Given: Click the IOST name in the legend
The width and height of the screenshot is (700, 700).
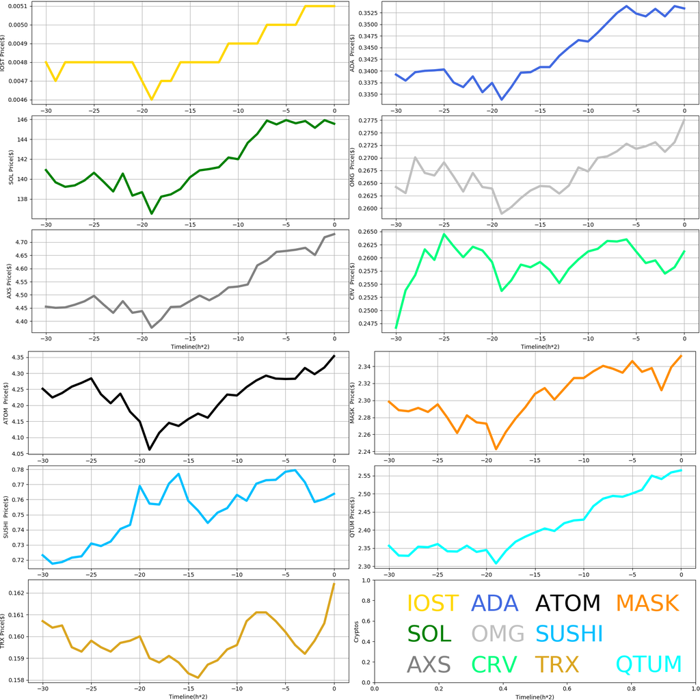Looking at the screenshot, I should click(433, 603).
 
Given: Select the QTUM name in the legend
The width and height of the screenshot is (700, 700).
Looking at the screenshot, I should click(649, 664).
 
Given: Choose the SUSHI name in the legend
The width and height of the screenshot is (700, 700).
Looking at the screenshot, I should click(569, 634).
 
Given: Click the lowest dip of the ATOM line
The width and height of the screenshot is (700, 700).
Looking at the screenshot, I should click(150, 449).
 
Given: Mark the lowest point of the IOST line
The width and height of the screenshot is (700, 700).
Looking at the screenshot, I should click(151, 99).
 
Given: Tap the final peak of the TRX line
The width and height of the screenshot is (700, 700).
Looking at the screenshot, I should click(334, 583).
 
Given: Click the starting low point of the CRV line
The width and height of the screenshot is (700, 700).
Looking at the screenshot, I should click(396, 328).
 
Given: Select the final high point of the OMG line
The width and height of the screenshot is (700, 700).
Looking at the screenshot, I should click(684, 120).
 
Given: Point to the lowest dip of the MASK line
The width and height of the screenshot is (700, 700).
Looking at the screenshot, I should click(496, 449).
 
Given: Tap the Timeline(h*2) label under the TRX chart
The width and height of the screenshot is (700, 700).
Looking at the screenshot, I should click(189, 695).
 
